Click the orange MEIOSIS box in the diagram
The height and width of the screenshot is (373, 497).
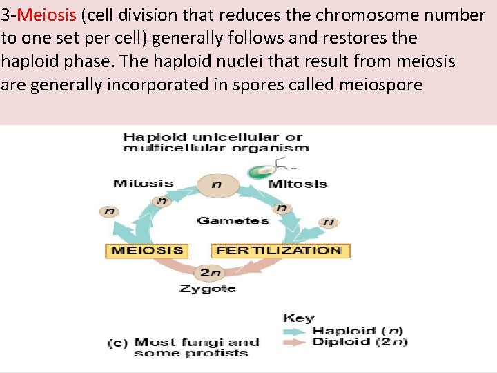pyautogui.click(x=147, y=250)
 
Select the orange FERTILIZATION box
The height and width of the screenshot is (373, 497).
pyautogui.click(x=279, y=250)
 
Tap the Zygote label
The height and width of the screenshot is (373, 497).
pyautogui.click(x=207, y=288)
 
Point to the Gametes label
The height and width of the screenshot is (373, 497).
pyautogui.click(x=233, y=220)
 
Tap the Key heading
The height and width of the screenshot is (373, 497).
pyautogui.click(x=298, y=318)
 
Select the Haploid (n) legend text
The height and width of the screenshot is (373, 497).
pyautogui.click(x=359, y=331)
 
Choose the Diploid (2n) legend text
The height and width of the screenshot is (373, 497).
pyautogui.click(x=359, y=342)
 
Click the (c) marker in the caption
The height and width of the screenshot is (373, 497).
pyautogui.click(x=117, y=343)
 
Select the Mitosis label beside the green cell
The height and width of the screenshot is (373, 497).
pyautogui.click(x=297, y=184)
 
